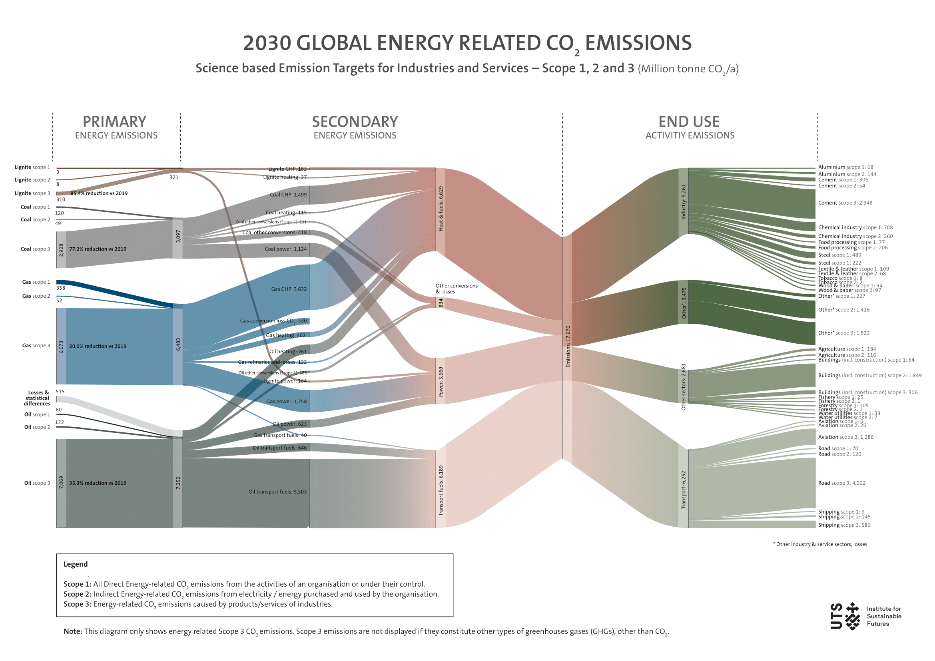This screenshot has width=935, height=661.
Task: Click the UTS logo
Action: (845, 616)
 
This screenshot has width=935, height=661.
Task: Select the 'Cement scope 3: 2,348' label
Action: (845, 203)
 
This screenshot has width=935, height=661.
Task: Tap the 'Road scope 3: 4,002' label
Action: (842, 483)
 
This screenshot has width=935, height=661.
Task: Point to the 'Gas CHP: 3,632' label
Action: (289, 289)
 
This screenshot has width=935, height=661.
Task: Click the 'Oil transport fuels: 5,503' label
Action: (277, 492)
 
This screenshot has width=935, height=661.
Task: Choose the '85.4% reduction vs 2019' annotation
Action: (99, 193)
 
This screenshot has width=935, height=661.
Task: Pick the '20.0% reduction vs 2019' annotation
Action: (98, 346)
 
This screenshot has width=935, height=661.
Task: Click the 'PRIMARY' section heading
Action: (114, 122)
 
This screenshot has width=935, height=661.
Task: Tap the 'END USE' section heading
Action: (689, 122)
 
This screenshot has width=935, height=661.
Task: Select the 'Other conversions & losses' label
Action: (456, 289)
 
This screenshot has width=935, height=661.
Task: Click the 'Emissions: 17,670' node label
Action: (568, 346)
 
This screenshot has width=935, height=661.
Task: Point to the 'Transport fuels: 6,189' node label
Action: (441, 490)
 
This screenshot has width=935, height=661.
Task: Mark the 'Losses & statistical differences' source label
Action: (37, 398)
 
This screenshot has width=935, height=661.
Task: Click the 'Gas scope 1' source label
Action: (36, 282)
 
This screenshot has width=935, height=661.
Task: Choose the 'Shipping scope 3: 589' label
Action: (844, 525)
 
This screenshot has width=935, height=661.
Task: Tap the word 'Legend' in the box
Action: (75, 564)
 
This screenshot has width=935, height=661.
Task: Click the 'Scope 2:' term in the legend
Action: (78, 594)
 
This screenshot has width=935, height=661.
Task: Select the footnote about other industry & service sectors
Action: (820, 544)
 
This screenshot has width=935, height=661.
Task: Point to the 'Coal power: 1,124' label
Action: (285, 249)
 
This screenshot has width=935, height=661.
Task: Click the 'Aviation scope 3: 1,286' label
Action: (845, 437)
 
